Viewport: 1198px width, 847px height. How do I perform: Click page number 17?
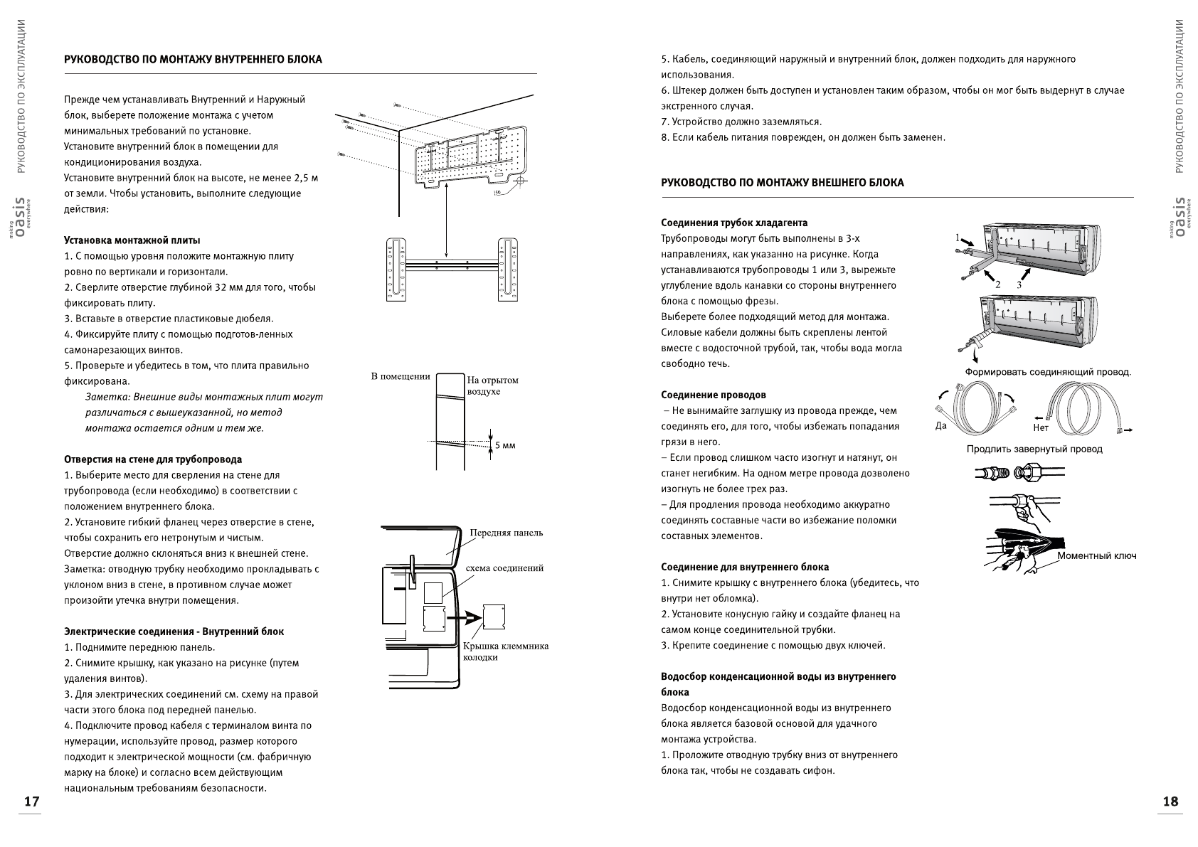pyautogui.click(x=31, y=801)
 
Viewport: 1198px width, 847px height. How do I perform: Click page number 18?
pyautogui.click(x=1170, y=801)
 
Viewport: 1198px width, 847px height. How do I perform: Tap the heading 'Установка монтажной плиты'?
pyautogui.click(x=132, y=240)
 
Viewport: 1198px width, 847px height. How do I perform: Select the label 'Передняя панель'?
pyautogui.click(x=506, y=533)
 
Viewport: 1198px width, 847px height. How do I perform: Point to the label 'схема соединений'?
pyautogui.click(x=504, y=568)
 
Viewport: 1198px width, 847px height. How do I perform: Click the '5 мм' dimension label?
pyautogui.click(x=504, y=445)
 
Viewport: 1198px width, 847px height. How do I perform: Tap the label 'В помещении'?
pyautogui.click(x=401, y=375)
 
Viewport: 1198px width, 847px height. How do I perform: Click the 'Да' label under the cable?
pyautogui.click(x=941, y=426)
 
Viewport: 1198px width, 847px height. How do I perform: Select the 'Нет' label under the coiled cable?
pyautogui.click(x=1040, y=428)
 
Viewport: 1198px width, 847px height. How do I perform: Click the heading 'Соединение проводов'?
pyautogui.click(x=714, y=395)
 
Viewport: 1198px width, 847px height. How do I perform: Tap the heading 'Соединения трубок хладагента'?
pyautogui.click(x=734, y=223)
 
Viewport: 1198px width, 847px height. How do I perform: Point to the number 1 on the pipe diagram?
pyautogui.click(x=958, y=237)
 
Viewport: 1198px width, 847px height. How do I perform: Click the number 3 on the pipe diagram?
pyautogui.click(x=1019, y=284)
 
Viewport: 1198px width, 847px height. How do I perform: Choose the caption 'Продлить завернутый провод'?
pyautogui.click(x=1034, y=449)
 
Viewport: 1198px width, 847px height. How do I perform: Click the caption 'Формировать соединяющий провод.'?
pyautogui.click(x=1048, y=372)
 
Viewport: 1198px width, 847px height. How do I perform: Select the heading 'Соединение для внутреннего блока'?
pyautogui.click(x=745, y=567)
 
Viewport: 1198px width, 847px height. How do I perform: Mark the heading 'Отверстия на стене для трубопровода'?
pyautogui.click(x=153, y=459)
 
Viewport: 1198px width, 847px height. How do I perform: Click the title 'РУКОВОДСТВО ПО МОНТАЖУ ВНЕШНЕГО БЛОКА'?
pyautogui.click(x=783, y=183)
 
